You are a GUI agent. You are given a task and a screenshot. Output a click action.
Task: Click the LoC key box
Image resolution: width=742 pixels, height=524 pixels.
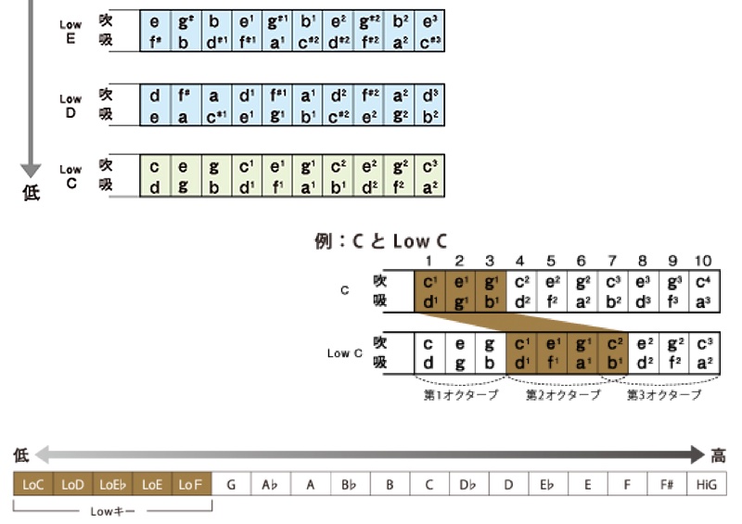pyautogui.click(x=33, y=484)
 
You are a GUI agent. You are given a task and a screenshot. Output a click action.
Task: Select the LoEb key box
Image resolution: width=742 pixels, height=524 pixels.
pyautogui.click(x=112, y=484)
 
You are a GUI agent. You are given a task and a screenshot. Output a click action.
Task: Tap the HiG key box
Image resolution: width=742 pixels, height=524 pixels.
pyautogui.click(x=708, y=484)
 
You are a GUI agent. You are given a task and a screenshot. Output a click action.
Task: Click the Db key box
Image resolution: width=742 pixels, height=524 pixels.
pyautogui.click(x=469, y=484)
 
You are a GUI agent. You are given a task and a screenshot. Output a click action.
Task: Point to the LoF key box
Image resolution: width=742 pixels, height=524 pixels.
pyautogui.click(x=191, y=484)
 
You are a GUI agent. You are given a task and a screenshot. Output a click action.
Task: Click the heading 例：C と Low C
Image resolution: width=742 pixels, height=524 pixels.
pyautogui.click(x=381, y=243)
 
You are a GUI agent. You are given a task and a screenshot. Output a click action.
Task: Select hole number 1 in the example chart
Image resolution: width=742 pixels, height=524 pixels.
pyautogui.click(x=429, y=262)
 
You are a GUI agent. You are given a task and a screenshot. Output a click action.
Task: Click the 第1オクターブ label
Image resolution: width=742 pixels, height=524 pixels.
pyautogui.click(x=460, y=394)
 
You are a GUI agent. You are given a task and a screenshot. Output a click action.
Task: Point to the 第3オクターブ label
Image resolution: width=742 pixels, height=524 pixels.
pyautogui.click(x=664, y=394)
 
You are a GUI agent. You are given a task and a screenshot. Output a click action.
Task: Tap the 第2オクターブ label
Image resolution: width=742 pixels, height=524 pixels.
pyautogui.click(x=562, y=394)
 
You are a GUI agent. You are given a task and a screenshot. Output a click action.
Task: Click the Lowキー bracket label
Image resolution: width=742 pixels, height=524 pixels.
pyautogui.click(x=114, y=510)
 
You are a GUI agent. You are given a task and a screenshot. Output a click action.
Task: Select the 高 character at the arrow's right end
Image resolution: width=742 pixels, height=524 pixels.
pyautogui.click(x=718, y=454)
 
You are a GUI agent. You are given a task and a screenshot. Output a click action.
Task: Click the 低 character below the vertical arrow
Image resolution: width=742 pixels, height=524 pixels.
pyautogui.click(x=31, y=195)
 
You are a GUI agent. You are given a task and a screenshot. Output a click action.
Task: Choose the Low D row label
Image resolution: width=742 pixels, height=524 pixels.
pyautogui.click(x=70, y=105)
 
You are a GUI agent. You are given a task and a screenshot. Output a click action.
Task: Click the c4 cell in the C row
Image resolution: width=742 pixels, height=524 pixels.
pyautogui.click(x=702, y=281)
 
